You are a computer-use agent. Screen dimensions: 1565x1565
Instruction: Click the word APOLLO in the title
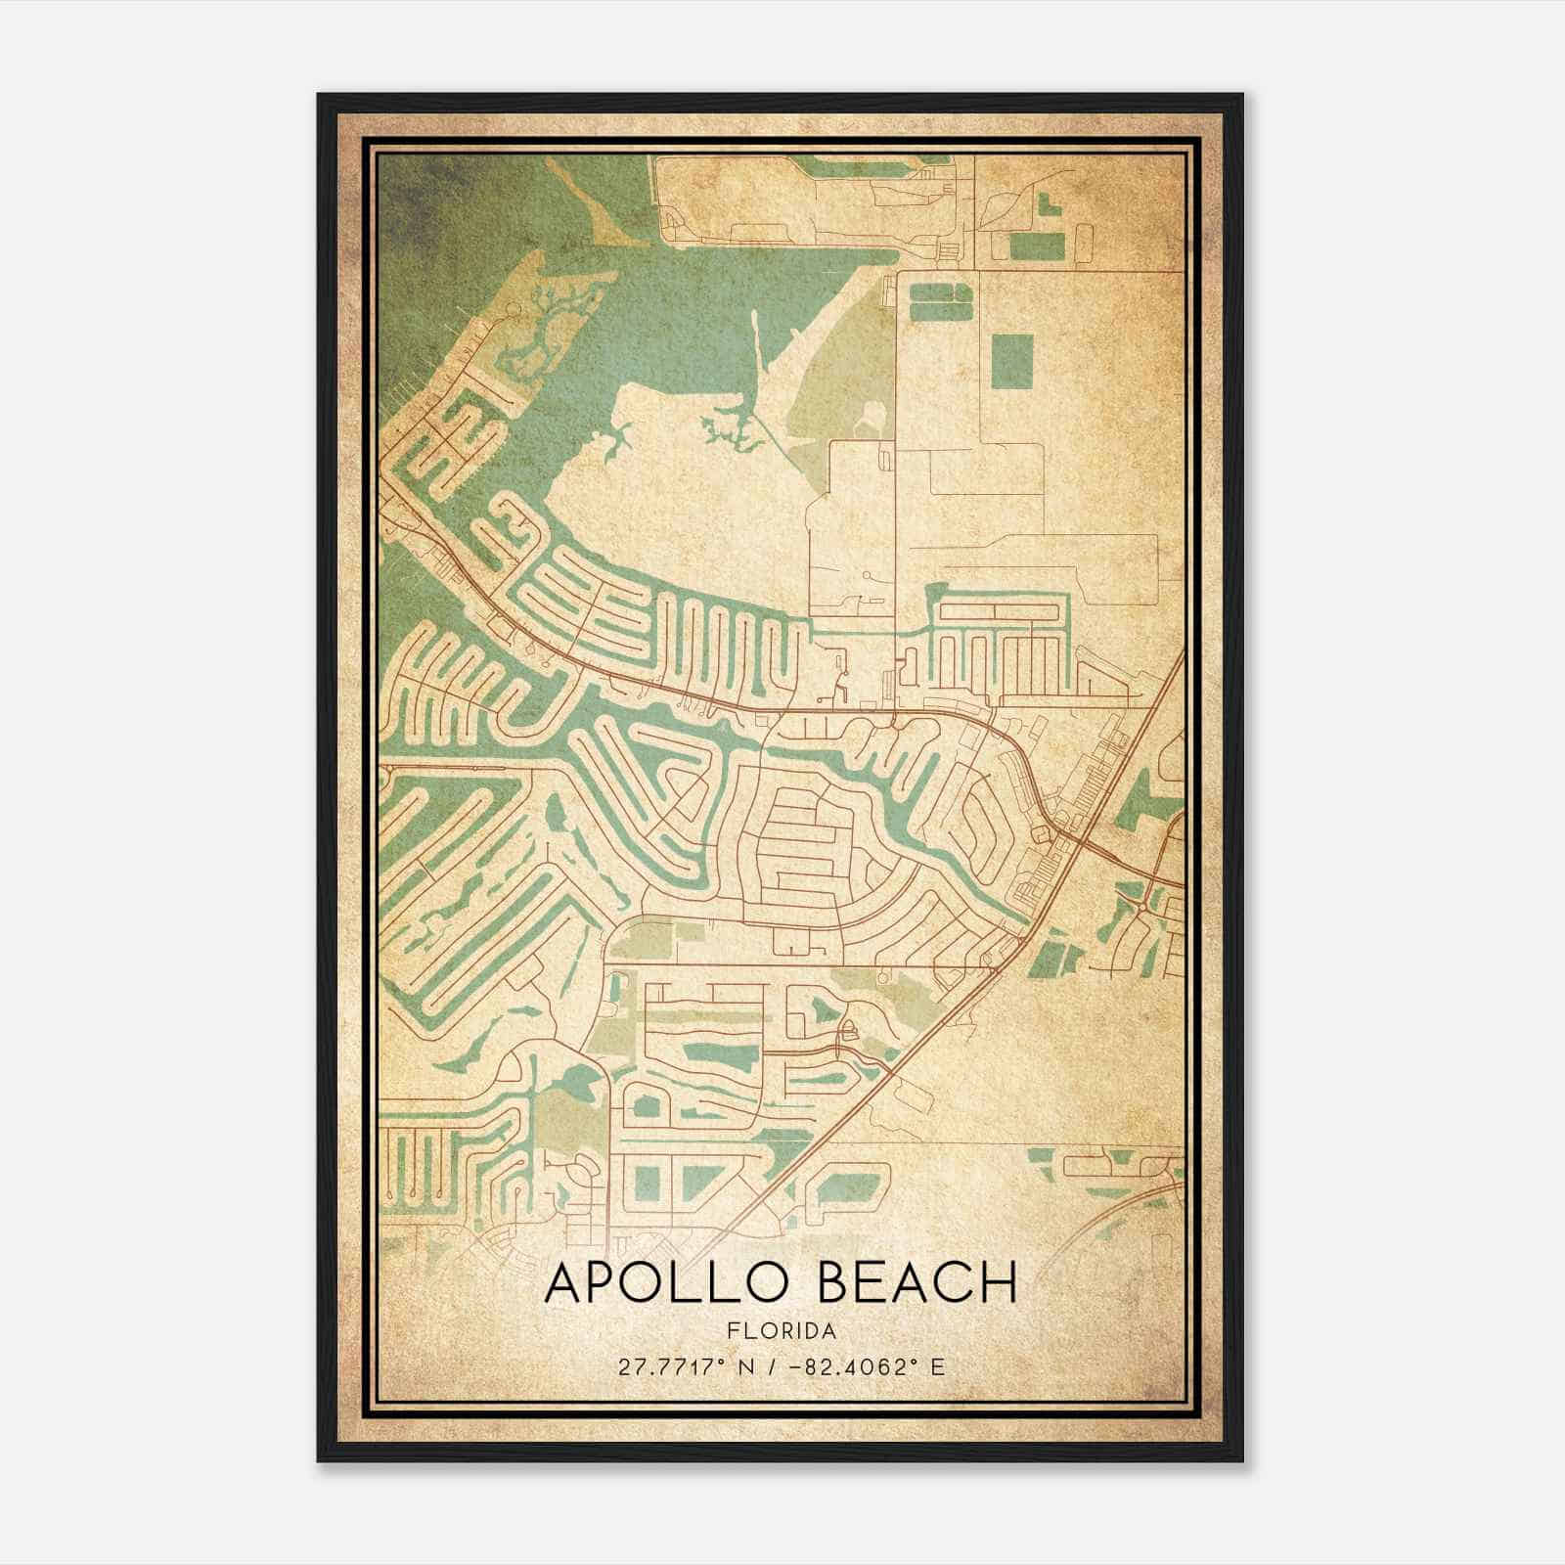(x=669, y=1283)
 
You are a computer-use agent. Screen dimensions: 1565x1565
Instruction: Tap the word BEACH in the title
(x=916, y=1283)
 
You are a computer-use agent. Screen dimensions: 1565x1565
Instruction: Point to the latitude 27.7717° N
(x=681, y=1367)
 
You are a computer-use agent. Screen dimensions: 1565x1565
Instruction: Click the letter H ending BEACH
(x=998, y=1283)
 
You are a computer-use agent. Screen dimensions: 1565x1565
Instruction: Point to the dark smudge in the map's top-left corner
(x=411, y=196)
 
